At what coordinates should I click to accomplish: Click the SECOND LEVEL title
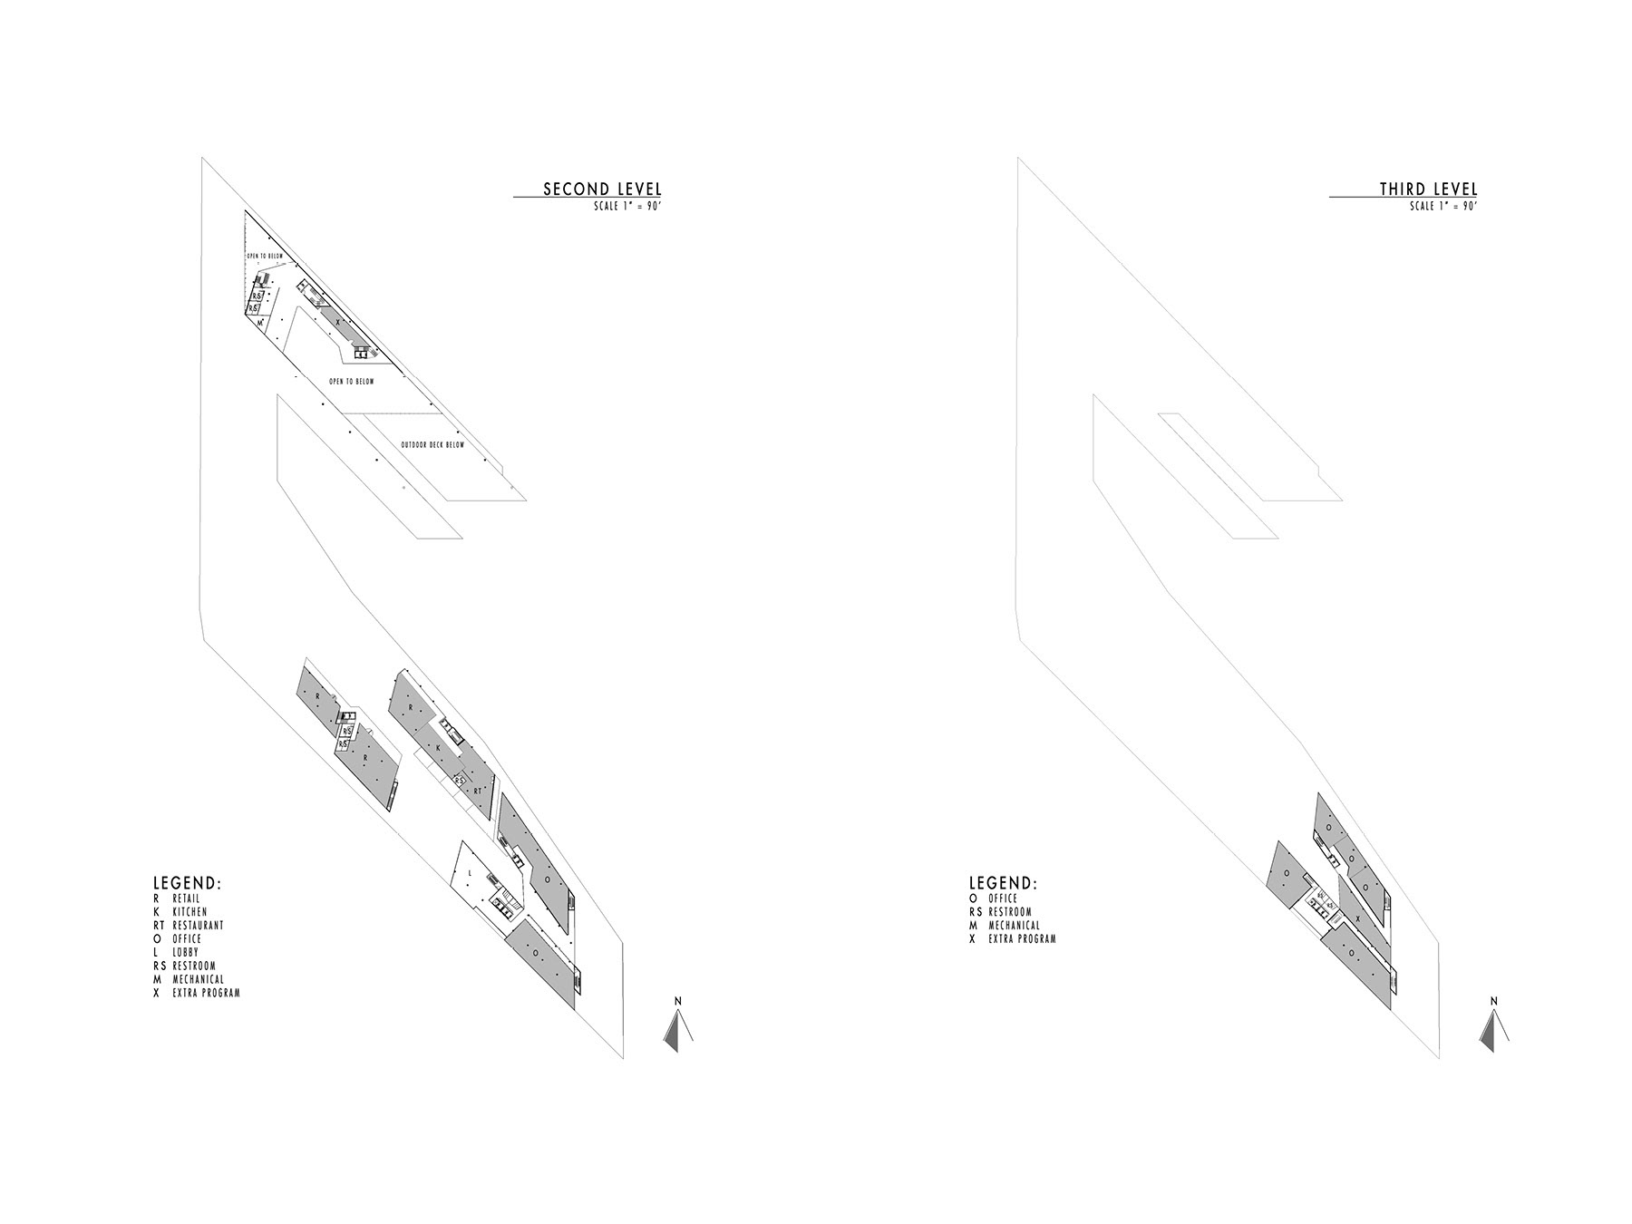tap(602, 189)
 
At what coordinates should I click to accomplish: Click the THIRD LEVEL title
tap(1428, 189)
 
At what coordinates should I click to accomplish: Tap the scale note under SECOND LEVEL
tap(626, 207)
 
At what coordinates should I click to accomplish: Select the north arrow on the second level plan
tap(677, 1028)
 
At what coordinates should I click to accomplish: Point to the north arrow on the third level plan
tap(1493, 1028)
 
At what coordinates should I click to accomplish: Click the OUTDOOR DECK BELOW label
tap(432, 445)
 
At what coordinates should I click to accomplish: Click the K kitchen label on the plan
tap(438, 748)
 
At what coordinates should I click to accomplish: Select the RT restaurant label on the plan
tap(477, 791)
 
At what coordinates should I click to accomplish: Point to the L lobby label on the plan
tap(470, 873)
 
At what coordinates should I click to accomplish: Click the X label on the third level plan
tap(1357, 918)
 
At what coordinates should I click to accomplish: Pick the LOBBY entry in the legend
tap(185, 953)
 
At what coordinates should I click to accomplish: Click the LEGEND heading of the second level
tap(187, 883)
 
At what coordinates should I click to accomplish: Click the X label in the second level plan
tap(337, 322)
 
